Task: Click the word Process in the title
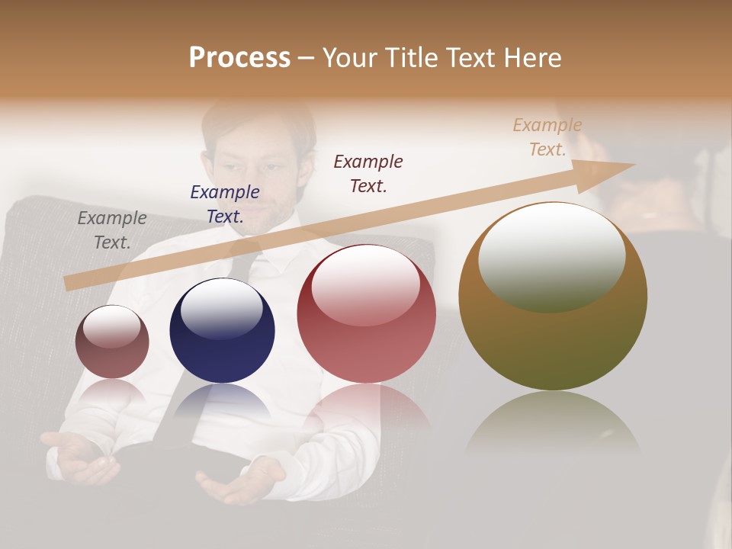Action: click(x=239, y=58)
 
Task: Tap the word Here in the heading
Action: click(x=531, y=58)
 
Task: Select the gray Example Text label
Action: click(x=112, y=230)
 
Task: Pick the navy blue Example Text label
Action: click(x=224, y=204)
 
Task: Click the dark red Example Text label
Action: click(x=368, y=173)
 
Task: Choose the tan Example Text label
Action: click(x=547, y=137)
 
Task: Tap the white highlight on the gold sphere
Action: click(x=551, y=255)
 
